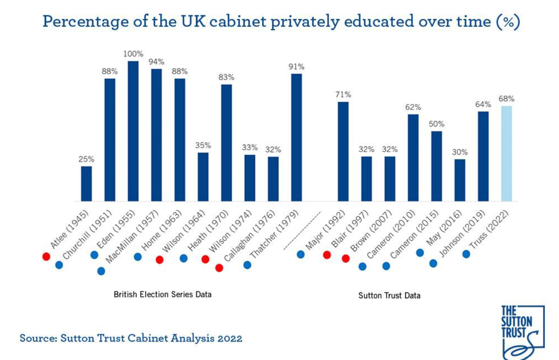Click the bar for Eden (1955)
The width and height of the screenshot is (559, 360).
click(x=133, y=131)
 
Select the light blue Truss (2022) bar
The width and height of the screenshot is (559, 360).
click(x=506, y=153)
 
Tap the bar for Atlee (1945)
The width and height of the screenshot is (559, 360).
click(x=86, y=184)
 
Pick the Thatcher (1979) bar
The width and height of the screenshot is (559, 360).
click(x=296, y=138)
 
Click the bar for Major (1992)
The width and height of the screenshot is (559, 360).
click(x=343, y=151)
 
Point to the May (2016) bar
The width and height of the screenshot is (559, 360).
click(x=460, y=180)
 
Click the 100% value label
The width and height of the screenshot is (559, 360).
click(x=133, y=54)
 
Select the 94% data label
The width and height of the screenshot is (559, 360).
click(x=156, y=62)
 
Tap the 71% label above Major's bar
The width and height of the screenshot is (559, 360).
click(x=343, y=95)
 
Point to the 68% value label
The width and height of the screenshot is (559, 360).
click(x=506, y=99)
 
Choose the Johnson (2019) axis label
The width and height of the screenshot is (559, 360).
click(x=462, y=233)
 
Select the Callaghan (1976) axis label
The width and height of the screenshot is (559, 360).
click(x=249, y=236)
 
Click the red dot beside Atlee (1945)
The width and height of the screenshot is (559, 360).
click(x=46, y=256)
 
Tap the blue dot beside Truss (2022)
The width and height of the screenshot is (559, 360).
click(x=466, y=254)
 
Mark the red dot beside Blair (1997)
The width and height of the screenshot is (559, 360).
click(x=327, y=255)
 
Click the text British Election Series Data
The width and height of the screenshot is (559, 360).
click(x=162, y=295)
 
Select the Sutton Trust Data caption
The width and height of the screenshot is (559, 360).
click(x=389, y=296)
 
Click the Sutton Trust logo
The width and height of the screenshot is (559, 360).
click(x=522, y=332)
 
